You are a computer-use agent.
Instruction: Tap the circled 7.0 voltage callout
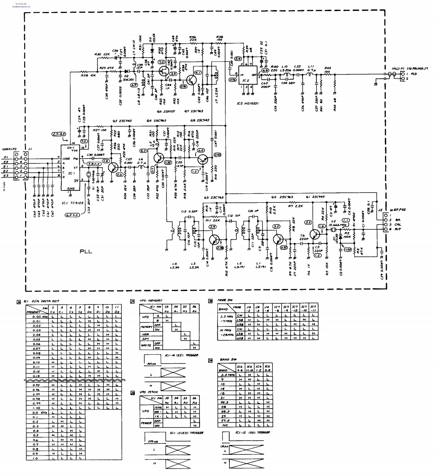tap(161, 62)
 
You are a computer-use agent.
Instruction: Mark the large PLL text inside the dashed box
tap(88, 252)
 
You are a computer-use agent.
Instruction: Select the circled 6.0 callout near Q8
tap(201, 150)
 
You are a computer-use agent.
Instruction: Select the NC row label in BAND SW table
tap(225, 425)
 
